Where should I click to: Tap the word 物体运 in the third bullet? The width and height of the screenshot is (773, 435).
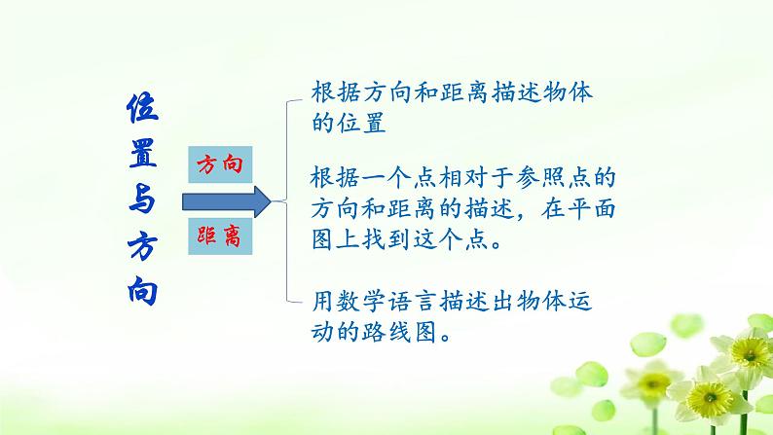tap(575, 302)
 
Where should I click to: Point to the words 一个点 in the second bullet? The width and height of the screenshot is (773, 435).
tap(386, 179)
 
